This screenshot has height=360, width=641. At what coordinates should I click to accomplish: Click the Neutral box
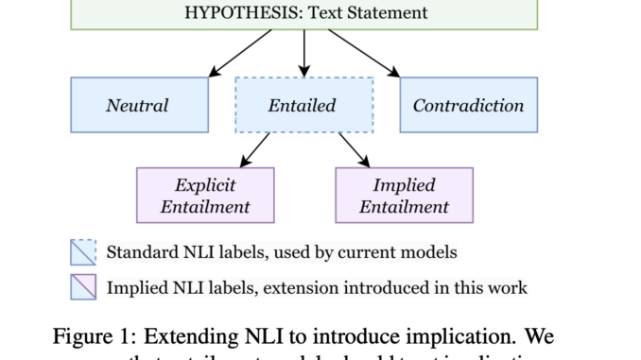click(139, 104)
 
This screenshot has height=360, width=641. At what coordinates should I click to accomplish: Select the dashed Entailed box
click(303, 104)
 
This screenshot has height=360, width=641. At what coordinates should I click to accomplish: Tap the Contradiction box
click(468, 104)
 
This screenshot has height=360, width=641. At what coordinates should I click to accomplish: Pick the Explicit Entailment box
click(205, 195)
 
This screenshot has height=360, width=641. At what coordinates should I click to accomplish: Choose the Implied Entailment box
click(404, 195)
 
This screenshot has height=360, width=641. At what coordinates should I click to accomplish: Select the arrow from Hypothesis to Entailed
click(303, 51)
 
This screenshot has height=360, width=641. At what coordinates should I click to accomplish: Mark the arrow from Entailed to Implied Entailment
click(355, 149)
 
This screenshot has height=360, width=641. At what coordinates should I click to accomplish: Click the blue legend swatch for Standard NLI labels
click(83, 251)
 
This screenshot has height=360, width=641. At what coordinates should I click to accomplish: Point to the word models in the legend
click(434, 252)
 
